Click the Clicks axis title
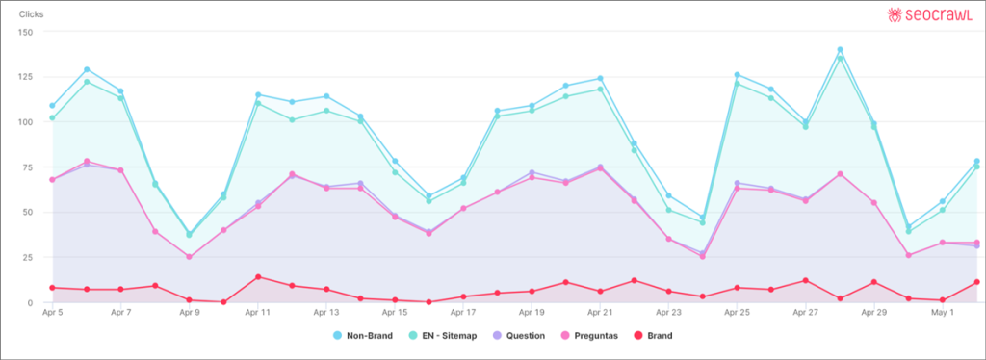click(x=32, y=14)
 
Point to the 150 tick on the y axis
click(x=26, y=32)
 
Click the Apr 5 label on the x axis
click(x=54, y=313)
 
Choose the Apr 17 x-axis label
click(x=464, y=313)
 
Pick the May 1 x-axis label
click(x=942, y=313)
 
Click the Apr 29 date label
click(x=873, y=313)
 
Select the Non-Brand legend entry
click(x=364, y=335)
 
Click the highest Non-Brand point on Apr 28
click(x=840, y=50)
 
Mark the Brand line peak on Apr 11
click(x=258, y=277)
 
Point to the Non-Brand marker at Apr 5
click(x=52, y=106)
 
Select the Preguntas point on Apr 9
click(x=189, y=257)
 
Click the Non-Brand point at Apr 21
click(x=600, y=79)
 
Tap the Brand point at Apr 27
click(x=805, y=280)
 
